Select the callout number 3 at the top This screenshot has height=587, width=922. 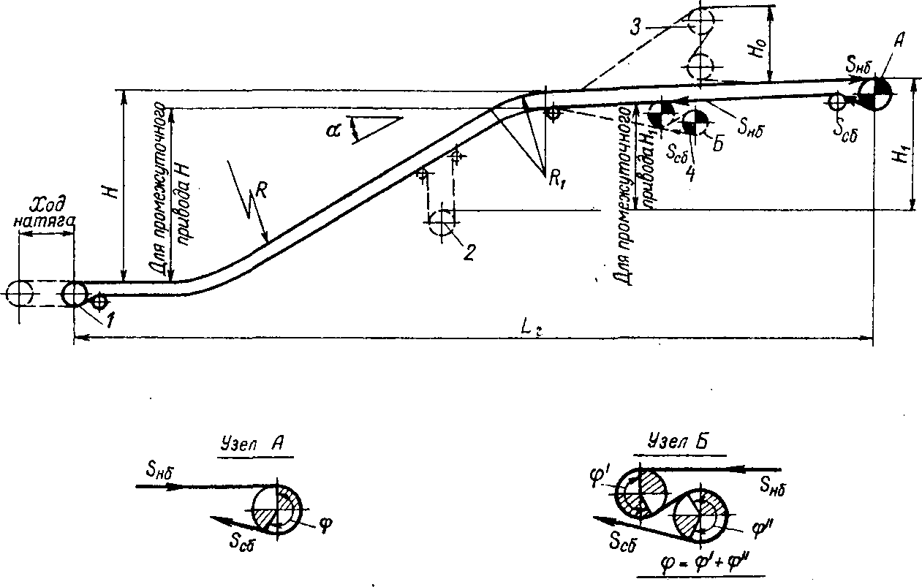click(x=638, y=28)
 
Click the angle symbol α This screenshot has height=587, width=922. click(x=334, y=129)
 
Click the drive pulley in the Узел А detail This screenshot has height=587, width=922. click(x=277, y=509)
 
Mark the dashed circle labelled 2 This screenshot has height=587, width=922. click(x=442, y=224)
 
